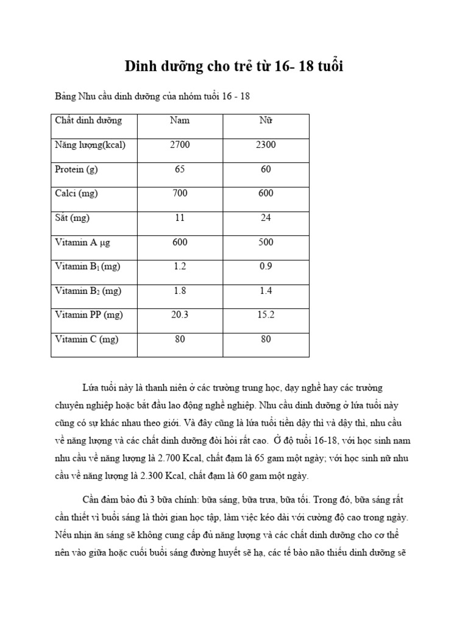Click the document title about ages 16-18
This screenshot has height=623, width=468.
[x=234, y=67]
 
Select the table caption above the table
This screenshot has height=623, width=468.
[x=152, y=96]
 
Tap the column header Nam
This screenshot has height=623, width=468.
[x=180, y=120]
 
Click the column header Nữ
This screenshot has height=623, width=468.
[x=266, y=120]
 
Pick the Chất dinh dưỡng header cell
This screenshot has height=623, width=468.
[x=88, y=120]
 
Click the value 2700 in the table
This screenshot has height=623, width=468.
[x=180, y=145]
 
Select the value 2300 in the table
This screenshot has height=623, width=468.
[x=266, y=145]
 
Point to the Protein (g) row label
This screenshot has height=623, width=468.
[x=76, y=169]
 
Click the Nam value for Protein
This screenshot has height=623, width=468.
[x=180, y=169]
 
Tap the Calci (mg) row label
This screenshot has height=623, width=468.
[x=76, y=193]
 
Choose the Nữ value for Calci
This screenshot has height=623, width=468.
[x=266, y=193]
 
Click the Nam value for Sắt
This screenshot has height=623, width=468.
[x=180, y=218]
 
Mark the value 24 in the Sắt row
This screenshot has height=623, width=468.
[x=266, y=218]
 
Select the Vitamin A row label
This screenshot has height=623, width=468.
[x=82, y=242]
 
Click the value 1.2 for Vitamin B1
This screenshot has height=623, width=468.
[x=180, y=266]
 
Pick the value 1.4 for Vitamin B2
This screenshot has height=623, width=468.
[x=266, y=291]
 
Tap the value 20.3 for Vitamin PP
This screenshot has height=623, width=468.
[x=180, y=315]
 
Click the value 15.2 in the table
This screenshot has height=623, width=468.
[x=266, y=315]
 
